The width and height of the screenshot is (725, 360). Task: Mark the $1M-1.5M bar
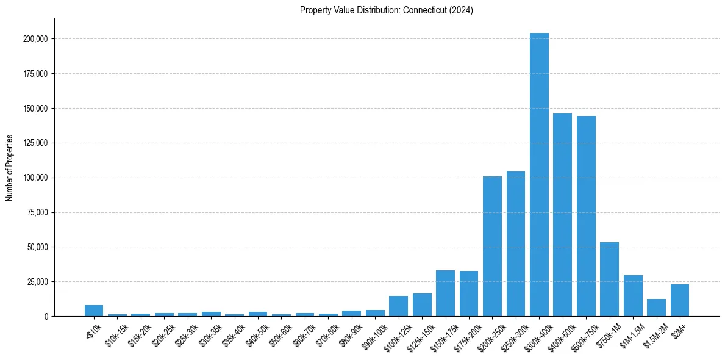click(x=633, y=296)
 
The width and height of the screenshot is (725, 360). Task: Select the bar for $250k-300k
click(x=515, y=244)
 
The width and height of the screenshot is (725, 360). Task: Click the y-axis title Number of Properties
click(x=9, y=168)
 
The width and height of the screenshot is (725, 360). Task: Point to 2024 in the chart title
click(x=462, y=10)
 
